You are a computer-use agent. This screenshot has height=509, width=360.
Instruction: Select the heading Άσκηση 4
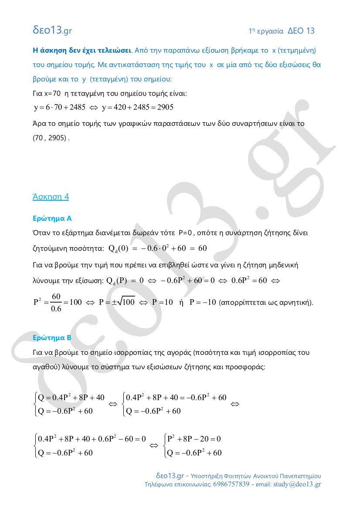click(x=51, y=196)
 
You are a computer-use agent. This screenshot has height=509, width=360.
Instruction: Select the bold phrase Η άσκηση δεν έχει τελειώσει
click(x=82, y=50)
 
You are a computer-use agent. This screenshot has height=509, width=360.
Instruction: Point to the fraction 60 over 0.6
click(x=56, y=302)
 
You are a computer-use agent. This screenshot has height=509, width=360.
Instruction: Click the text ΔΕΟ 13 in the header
click(x=301, y=31)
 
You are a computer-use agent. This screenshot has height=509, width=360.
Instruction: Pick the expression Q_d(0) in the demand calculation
click(x=117, y=249)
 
